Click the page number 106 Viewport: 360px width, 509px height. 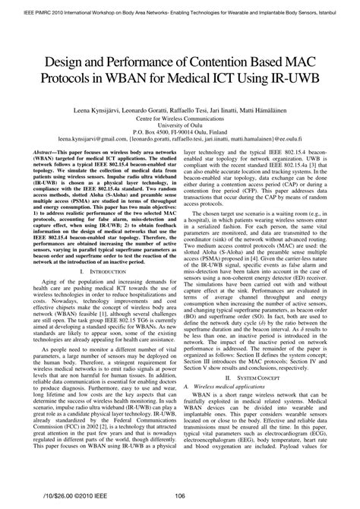(x=179, y=498)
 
